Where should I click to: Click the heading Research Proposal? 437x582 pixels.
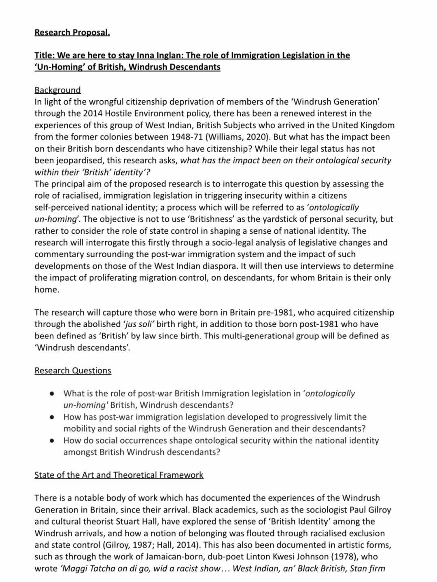pyautogui.click(x=72, y=32)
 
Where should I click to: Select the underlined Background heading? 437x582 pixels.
pyautogui.click(x=57, y=90)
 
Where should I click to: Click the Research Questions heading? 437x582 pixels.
pyautogui.click(x=73, y=370)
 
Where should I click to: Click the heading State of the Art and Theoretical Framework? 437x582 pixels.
pyautogui.click(x=119, y=475)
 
